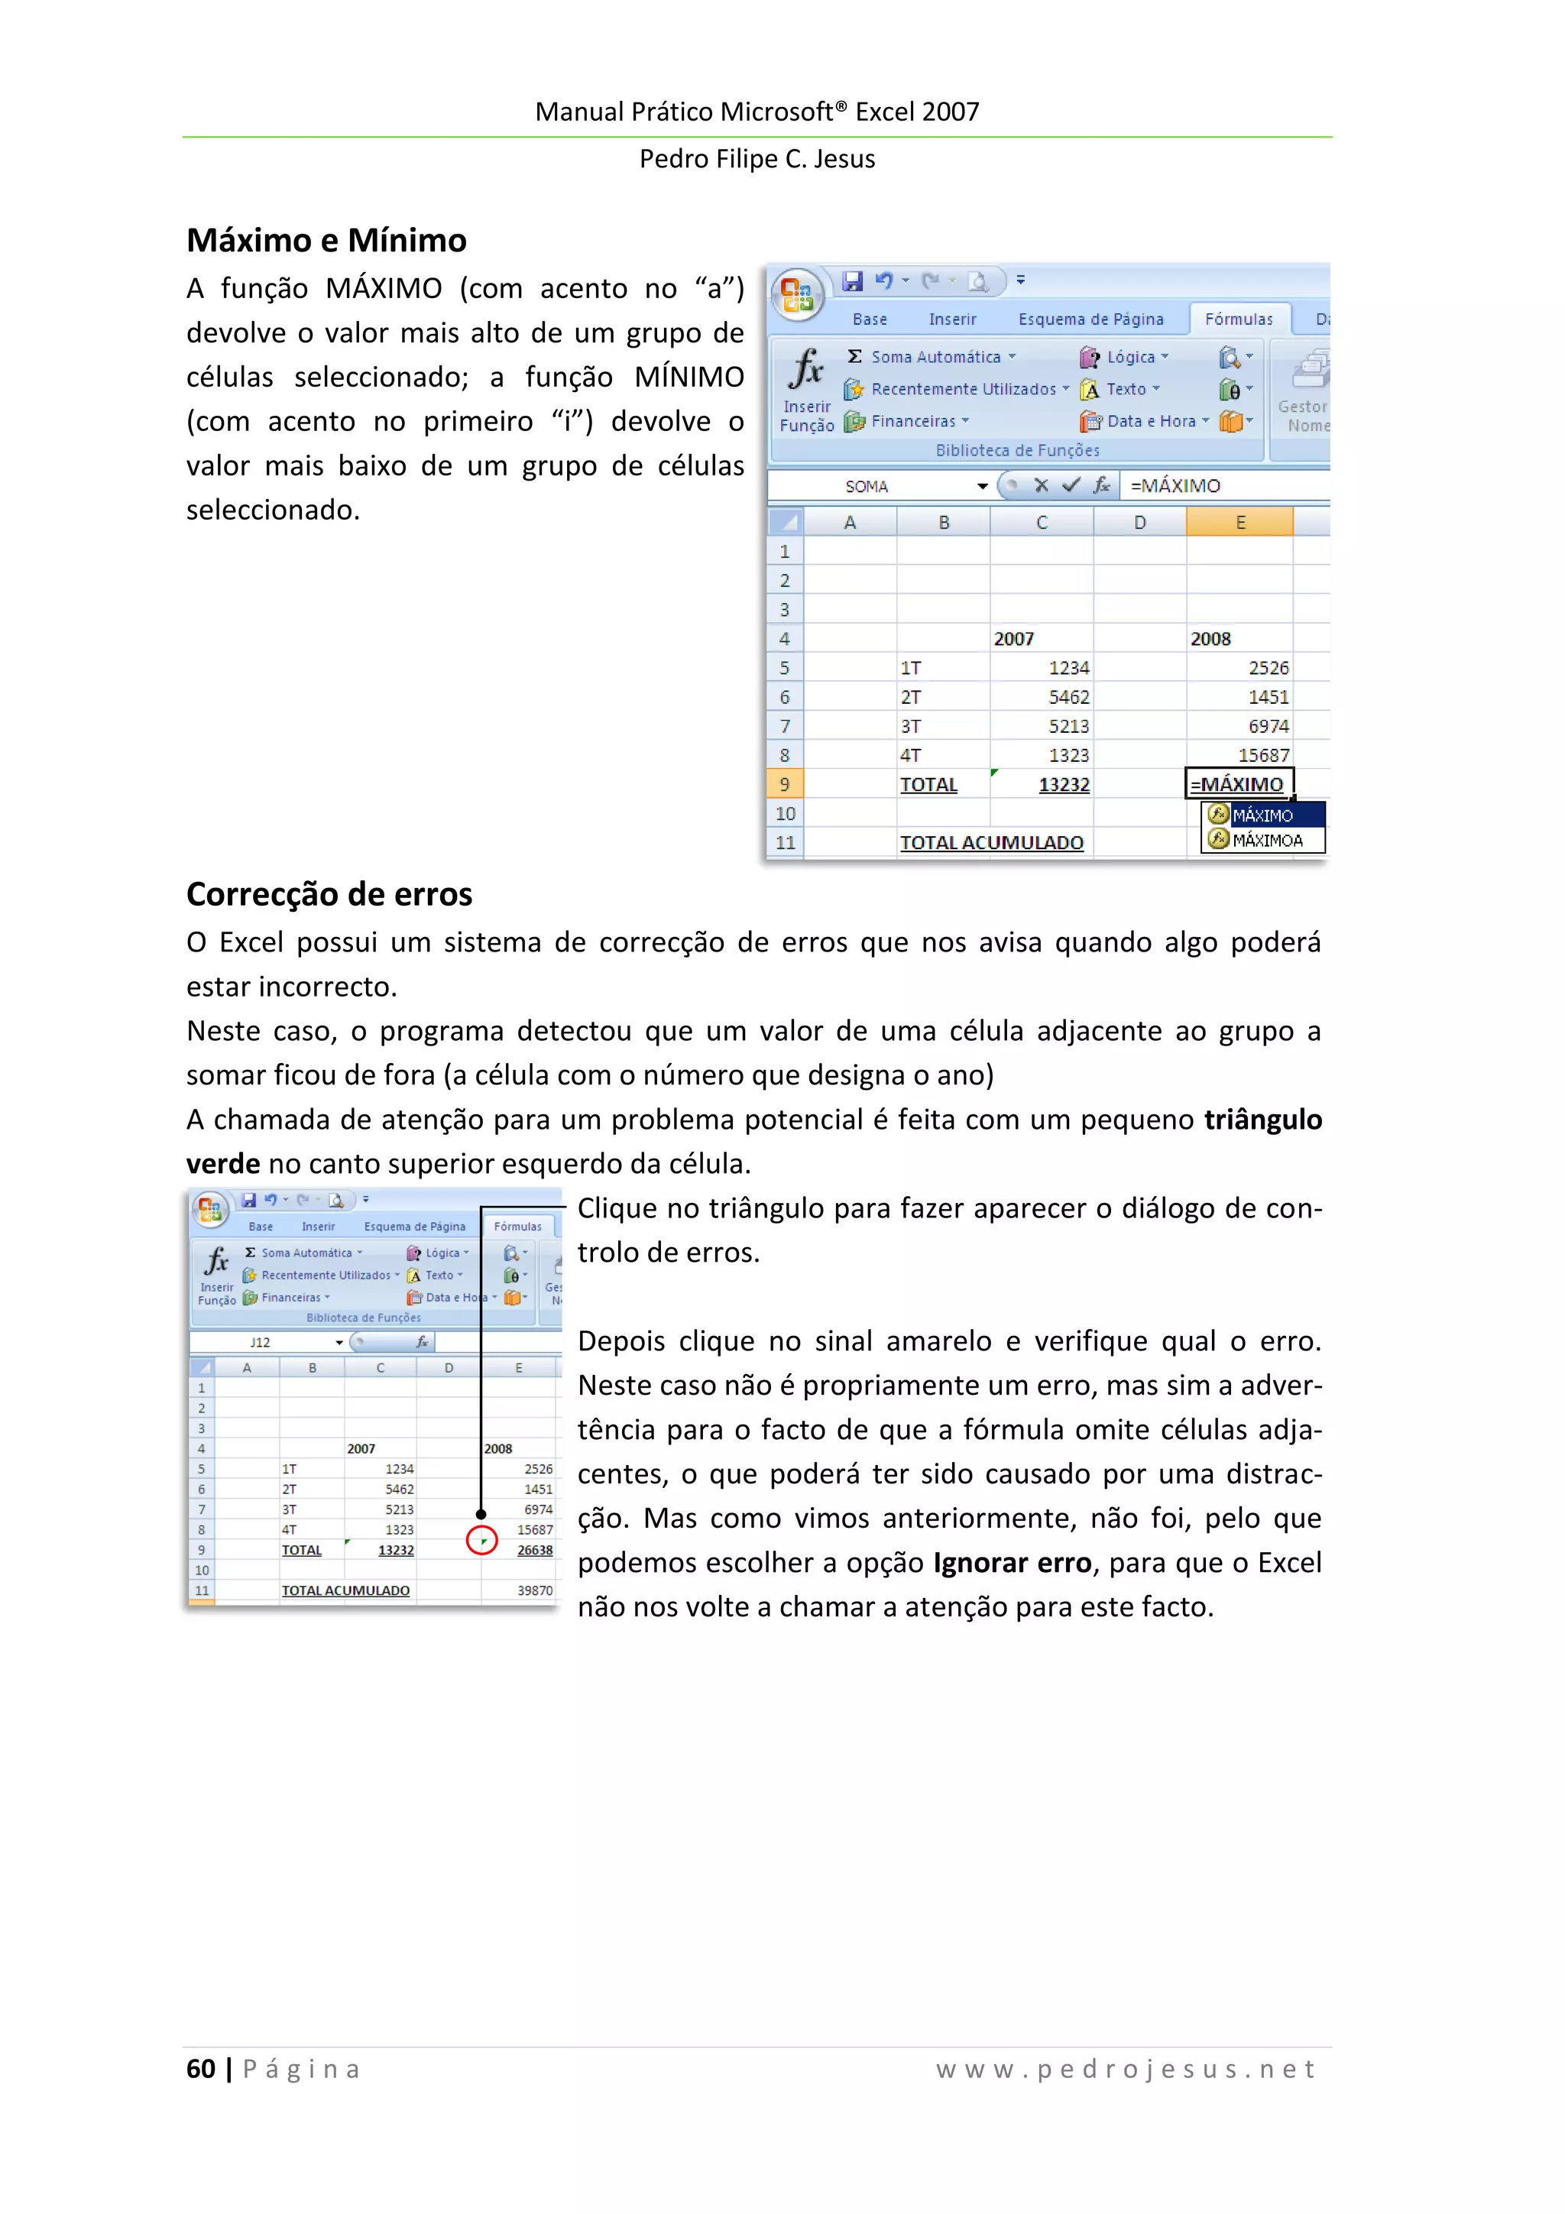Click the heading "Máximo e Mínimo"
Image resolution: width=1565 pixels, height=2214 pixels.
click(x=326, y=240)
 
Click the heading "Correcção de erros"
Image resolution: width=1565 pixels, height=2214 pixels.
click(x=329, y=894)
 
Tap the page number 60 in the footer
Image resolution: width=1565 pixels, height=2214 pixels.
click(x=200, y=2068)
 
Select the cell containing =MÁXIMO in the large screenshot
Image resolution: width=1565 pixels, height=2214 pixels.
click(x=1237, y=784)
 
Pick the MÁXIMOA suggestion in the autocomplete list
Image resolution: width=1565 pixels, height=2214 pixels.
click(x=1266, y=840)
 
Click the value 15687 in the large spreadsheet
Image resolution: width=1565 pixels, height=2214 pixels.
click(x=1263, y=755)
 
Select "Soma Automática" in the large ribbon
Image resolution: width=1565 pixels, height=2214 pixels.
click(x=935, y=357)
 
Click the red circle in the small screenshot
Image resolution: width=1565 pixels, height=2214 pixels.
click(x=481, y=1540)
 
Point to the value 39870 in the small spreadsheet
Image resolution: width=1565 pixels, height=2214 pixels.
click(x=534, y=1590)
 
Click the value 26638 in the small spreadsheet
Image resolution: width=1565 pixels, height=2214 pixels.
click(x=534, y=1550)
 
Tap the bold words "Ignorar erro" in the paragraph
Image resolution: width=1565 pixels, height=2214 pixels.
click(x=1012, y=1562)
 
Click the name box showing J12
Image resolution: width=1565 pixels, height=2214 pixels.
click(x=261, y=1342)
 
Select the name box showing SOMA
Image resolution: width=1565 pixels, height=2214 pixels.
click(x=867, y=487)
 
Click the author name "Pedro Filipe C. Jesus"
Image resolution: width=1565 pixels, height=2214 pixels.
click(x=757, y=159)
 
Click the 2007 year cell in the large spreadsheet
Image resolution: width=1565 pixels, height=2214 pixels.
click(x=1013, y=638)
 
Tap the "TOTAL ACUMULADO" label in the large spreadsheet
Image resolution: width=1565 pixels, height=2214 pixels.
click(x=991, y=843)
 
